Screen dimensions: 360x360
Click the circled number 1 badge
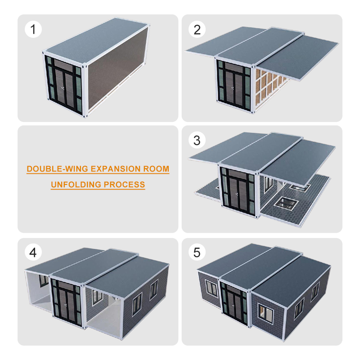(x=33, y=29)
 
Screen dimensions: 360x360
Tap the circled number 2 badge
(x=197, y=29)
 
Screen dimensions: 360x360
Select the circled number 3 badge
(x=197, y=140)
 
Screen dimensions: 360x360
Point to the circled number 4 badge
(x=33, y=252)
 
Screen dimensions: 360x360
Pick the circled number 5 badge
(x=197, y=252)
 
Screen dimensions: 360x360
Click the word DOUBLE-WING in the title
(x=58, y=169)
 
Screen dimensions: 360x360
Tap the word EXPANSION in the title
(x=116, y=169)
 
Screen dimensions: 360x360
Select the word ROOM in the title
(x=156, y=169)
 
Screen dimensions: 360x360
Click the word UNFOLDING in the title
(x=76, y=184)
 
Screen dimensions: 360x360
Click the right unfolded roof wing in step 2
(x=298, y=56)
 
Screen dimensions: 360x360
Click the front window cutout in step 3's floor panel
(x=286, y=204)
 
